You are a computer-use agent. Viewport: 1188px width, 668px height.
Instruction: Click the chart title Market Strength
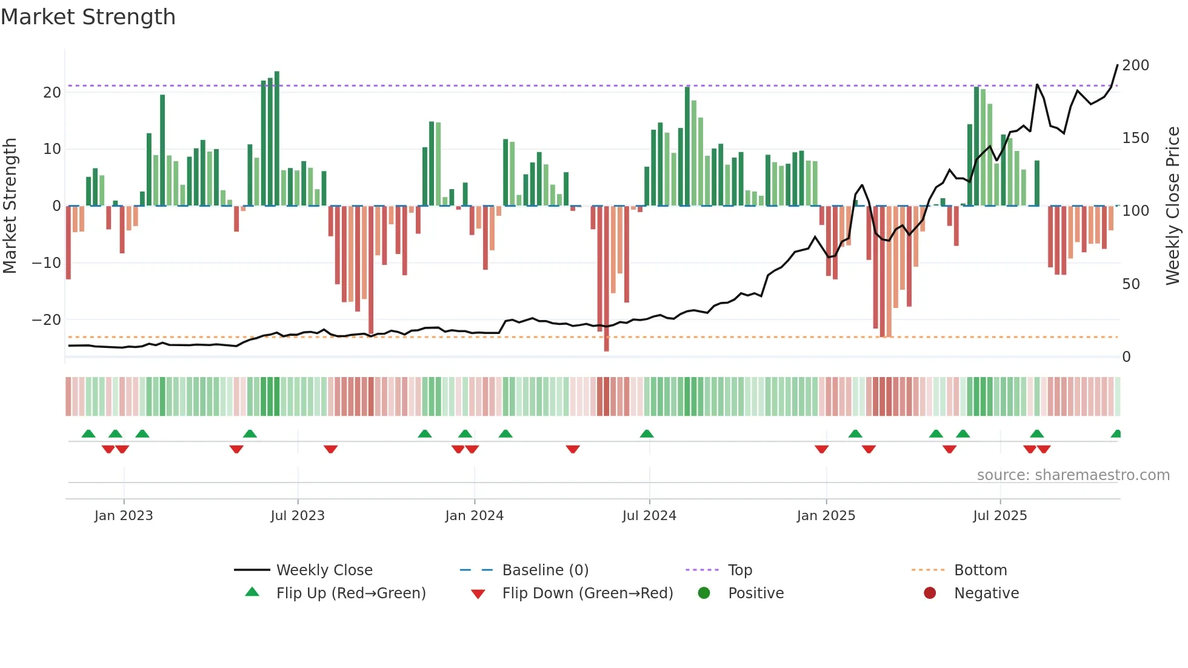click(88, 17)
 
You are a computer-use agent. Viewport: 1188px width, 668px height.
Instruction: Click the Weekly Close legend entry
click(324, 570)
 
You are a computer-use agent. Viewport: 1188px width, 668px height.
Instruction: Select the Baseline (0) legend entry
click(545, 570)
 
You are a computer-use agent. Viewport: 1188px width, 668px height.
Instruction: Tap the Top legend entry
click(739, 570)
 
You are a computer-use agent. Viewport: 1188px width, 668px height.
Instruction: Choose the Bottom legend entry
click(980, 570)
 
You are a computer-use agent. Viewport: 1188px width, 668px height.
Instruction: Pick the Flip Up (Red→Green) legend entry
click(350, 593)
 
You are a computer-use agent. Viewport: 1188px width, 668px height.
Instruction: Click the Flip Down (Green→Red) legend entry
click(587, 593)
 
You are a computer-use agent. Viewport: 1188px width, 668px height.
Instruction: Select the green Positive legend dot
click(704, 593)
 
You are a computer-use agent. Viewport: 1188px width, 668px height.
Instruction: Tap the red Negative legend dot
click(930, 593)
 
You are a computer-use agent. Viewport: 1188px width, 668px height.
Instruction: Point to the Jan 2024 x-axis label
click(474, 516)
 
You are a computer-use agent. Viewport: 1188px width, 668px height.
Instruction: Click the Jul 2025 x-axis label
click(999, 516)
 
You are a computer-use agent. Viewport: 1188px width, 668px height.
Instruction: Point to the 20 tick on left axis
click(52, 93)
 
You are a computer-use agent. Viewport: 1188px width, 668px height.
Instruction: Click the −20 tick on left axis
click(47, 320)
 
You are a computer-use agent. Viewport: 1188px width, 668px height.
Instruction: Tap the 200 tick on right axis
click(1135, 65)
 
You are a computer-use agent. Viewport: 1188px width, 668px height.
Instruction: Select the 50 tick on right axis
click(1130, 284)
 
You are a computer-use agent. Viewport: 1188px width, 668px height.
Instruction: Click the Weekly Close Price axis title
click(1173, 206)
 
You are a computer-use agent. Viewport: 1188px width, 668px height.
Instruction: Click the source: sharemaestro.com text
click(1073, 475)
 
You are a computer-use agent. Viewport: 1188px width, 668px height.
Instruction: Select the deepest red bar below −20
click(606, 279)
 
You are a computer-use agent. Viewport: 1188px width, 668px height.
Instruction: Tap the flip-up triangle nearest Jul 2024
click(647, 433)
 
